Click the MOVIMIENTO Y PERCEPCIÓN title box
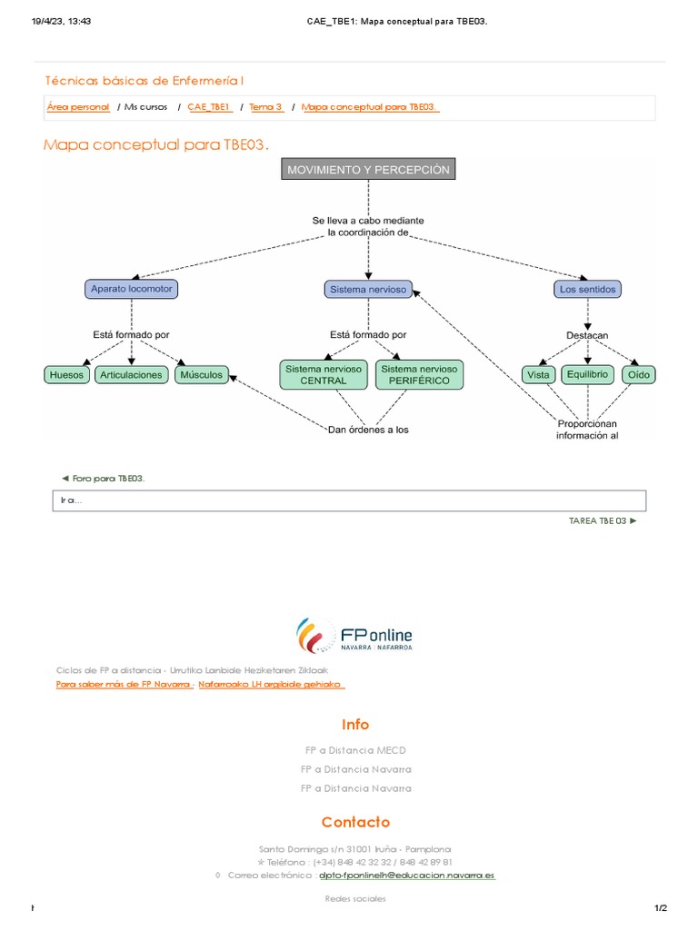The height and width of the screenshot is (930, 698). [368, 169]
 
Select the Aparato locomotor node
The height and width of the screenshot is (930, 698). [131, 289]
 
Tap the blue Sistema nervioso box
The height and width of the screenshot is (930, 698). [368, 290]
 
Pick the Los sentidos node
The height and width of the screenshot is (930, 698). [588, 290]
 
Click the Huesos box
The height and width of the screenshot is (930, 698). [66, 375]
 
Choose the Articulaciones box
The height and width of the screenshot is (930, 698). [131, 375]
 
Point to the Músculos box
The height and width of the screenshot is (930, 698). [201, 375]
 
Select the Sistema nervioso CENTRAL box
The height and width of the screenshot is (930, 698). [324, 375]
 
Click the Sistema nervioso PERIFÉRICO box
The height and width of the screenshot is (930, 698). [419, 375]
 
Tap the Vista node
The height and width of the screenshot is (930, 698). [538, 375]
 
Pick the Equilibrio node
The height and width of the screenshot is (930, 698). [588, 374]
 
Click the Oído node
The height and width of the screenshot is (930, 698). [639, 375]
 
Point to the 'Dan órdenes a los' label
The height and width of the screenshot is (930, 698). [368, 430]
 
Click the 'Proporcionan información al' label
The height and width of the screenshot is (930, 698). [587, 430]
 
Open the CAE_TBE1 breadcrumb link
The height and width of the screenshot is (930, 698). [210, 107]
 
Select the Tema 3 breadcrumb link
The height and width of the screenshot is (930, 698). [266, 107]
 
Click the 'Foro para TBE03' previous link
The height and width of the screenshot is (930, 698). [104, 478]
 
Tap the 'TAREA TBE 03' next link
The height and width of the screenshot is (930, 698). [603, 520]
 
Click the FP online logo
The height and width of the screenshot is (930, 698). [354, 635]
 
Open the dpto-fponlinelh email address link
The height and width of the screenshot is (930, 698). [406, 876]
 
